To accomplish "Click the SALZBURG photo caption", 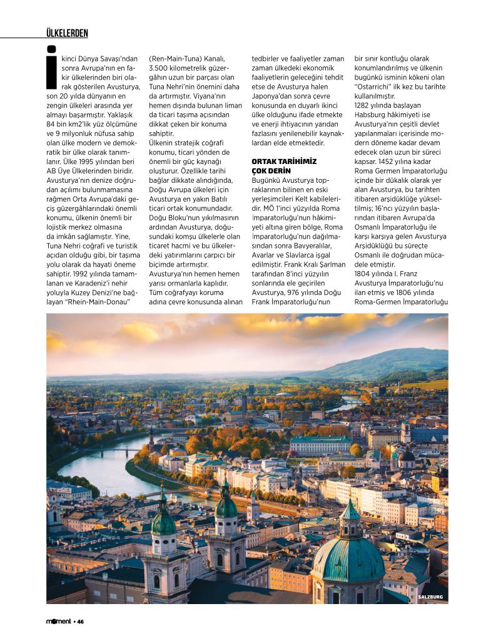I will (430, 597).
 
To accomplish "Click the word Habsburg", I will (373, 115).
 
